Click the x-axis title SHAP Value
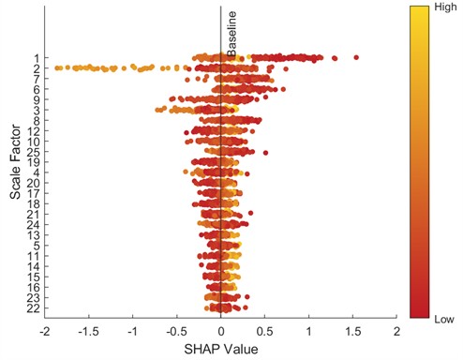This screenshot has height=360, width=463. click(x=220, y=348)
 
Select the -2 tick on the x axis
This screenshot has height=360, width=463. click(x=44, y=331)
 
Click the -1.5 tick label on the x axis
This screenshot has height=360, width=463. click(x=88, y=331)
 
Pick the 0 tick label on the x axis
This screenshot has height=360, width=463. click(x=220, y=331)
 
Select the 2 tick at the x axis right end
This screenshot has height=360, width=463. click(x=396, y=331)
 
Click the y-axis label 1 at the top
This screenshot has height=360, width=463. click(x=35, y=58)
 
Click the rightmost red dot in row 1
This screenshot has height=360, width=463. click(x=355, y=58)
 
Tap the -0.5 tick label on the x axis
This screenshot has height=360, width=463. click(x=176, y=331)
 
